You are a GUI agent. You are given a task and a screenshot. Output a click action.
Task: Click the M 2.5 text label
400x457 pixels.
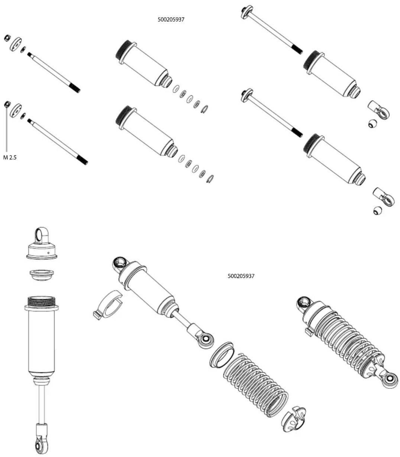pyautogui.click(x=10, y=157)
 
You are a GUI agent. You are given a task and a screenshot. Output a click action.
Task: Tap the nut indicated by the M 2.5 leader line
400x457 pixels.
pyautogui.click(x=8, y=104)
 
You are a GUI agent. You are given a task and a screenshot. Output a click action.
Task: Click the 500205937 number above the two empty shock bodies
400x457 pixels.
pyautogui.click(x=171, y=20)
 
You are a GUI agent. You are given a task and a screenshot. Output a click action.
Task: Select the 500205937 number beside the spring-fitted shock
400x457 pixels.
pyautogui.click(x=241, y=276)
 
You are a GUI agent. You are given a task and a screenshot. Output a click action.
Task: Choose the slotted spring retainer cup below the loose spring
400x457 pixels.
pyautogui.click(x=293, y=419)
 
